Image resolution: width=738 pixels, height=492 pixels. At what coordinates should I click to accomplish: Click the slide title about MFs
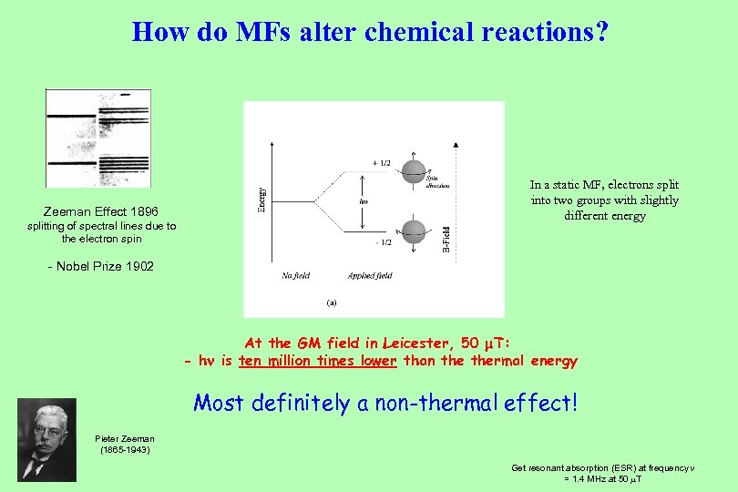(x=370, y=32)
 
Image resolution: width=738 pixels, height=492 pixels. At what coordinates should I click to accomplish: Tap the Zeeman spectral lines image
(x=98, y=138)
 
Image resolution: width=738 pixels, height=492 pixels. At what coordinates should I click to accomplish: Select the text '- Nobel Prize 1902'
(x=100, y=266)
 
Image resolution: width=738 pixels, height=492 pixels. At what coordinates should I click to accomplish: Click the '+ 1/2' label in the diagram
(x=381, y=163)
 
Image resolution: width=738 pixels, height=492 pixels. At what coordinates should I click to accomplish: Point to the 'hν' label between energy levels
(x=364, y=202)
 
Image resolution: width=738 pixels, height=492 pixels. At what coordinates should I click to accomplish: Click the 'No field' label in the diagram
(x=295, y=275)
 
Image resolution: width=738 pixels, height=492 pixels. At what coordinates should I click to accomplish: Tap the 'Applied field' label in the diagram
(x=370, y=275)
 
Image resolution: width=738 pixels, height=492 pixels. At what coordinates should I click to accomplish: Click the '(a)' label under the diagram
(x=331, y=302)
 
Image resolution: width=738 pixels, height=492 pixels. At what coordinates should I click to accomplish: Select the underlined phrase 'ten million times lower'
(x=317, y=361)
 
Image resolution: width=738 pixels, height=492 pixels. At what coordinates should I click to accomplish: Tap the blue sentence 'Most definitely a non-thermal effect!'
(x=385, y=402)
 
